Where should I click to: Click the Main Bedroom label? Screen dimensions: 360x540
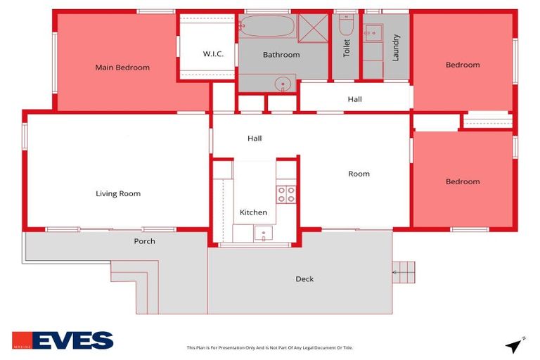coord(122,67)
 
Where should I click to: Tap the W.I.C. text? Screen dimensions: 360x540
coord(213,54)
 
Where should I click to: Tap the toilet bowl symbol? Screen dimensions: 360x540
coord(345,27)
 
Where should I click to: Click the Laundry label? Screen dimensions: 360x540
coord(396,48)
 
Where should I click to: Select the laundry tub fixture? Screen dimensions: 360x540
coord(373,33)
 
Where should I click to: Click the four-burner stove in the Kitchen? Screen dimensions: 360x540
coord(286,194)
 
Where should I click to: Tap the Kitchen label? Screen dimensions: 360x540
coord(253,212)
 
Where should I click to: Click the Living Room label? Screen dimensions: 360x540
coord(118,194)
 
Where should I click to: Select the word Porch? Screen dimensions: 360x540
coord(144,241)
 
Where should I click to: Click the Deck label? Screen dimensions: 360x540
coord(304,279)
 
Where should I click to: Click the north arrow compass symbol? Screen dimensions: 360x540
coord(514,345)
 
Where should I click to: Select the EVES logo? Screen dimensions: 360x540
coord(63,340)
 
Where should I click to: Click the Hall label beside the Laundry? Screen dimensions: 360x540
coord(354,99)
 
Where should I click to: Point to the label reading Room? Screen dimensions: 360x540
coord(359,174)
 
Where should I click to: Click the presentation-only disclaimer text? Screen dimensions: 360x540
coord(269,347)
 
